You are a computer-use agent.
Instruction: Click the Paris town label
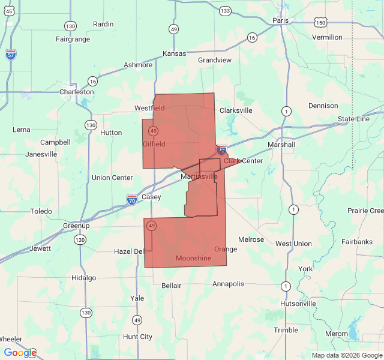280,20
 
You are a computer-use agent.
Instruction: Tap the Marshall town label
281,145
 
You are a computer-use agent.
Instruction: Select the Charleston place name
76,92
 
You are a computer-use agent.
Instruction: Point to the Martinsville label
199,177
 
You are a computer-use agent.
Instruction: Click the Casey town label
151,197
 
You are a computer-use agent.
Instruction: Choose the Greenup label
76,226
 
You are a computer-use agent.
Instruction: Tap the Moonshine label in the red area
193,258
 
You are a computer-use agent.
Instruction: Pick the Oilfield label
154,144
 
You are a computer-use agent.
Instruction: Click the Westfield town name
149,108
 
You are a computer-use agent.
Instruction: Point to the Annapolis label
228,284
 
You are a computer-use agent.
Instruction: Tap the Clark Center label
243,161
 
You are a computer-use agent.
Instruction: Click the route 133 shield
225,11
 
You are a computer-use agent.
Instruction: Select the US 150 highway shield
321,23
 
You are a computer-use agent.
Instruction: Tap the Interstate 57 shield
11,54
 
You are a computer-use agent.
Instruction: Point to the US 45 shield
10,11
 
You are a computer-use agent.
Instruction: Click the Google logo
20,353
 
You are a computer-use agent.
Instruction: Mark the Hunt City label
137,337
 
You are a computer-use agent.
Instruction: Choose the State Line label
353,119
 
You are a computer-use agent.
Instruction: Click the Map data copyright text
347,355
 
